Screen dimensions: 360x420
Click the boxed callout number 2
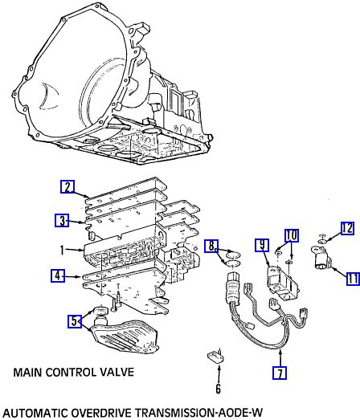[67, 187]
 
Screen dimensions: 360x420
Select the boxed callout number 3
[62, 221]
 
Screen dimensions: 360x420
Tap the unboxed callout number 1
[62, 251]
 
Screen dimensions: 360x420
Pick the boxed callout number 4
[58, 276]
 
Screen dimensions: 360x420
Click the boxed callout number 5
[74, 321]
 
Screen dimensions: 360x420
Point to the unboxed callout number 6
[219, 389]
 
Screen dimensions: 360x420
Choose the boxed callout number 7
[280, 373]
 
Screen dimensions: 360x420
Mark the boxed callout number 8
[211, 247]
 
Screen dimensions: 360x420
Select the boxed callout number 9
[262, 245]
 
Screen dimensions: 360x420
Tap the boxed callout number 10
[292, 235]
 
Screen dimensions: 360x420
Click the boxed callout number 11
[353, 279]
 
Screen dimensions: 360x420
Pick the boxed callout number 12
[347, 229]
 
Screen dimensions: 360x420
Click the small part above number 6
[215, 357]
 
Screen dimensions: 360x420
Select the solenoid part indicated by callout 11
[321, 257]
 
